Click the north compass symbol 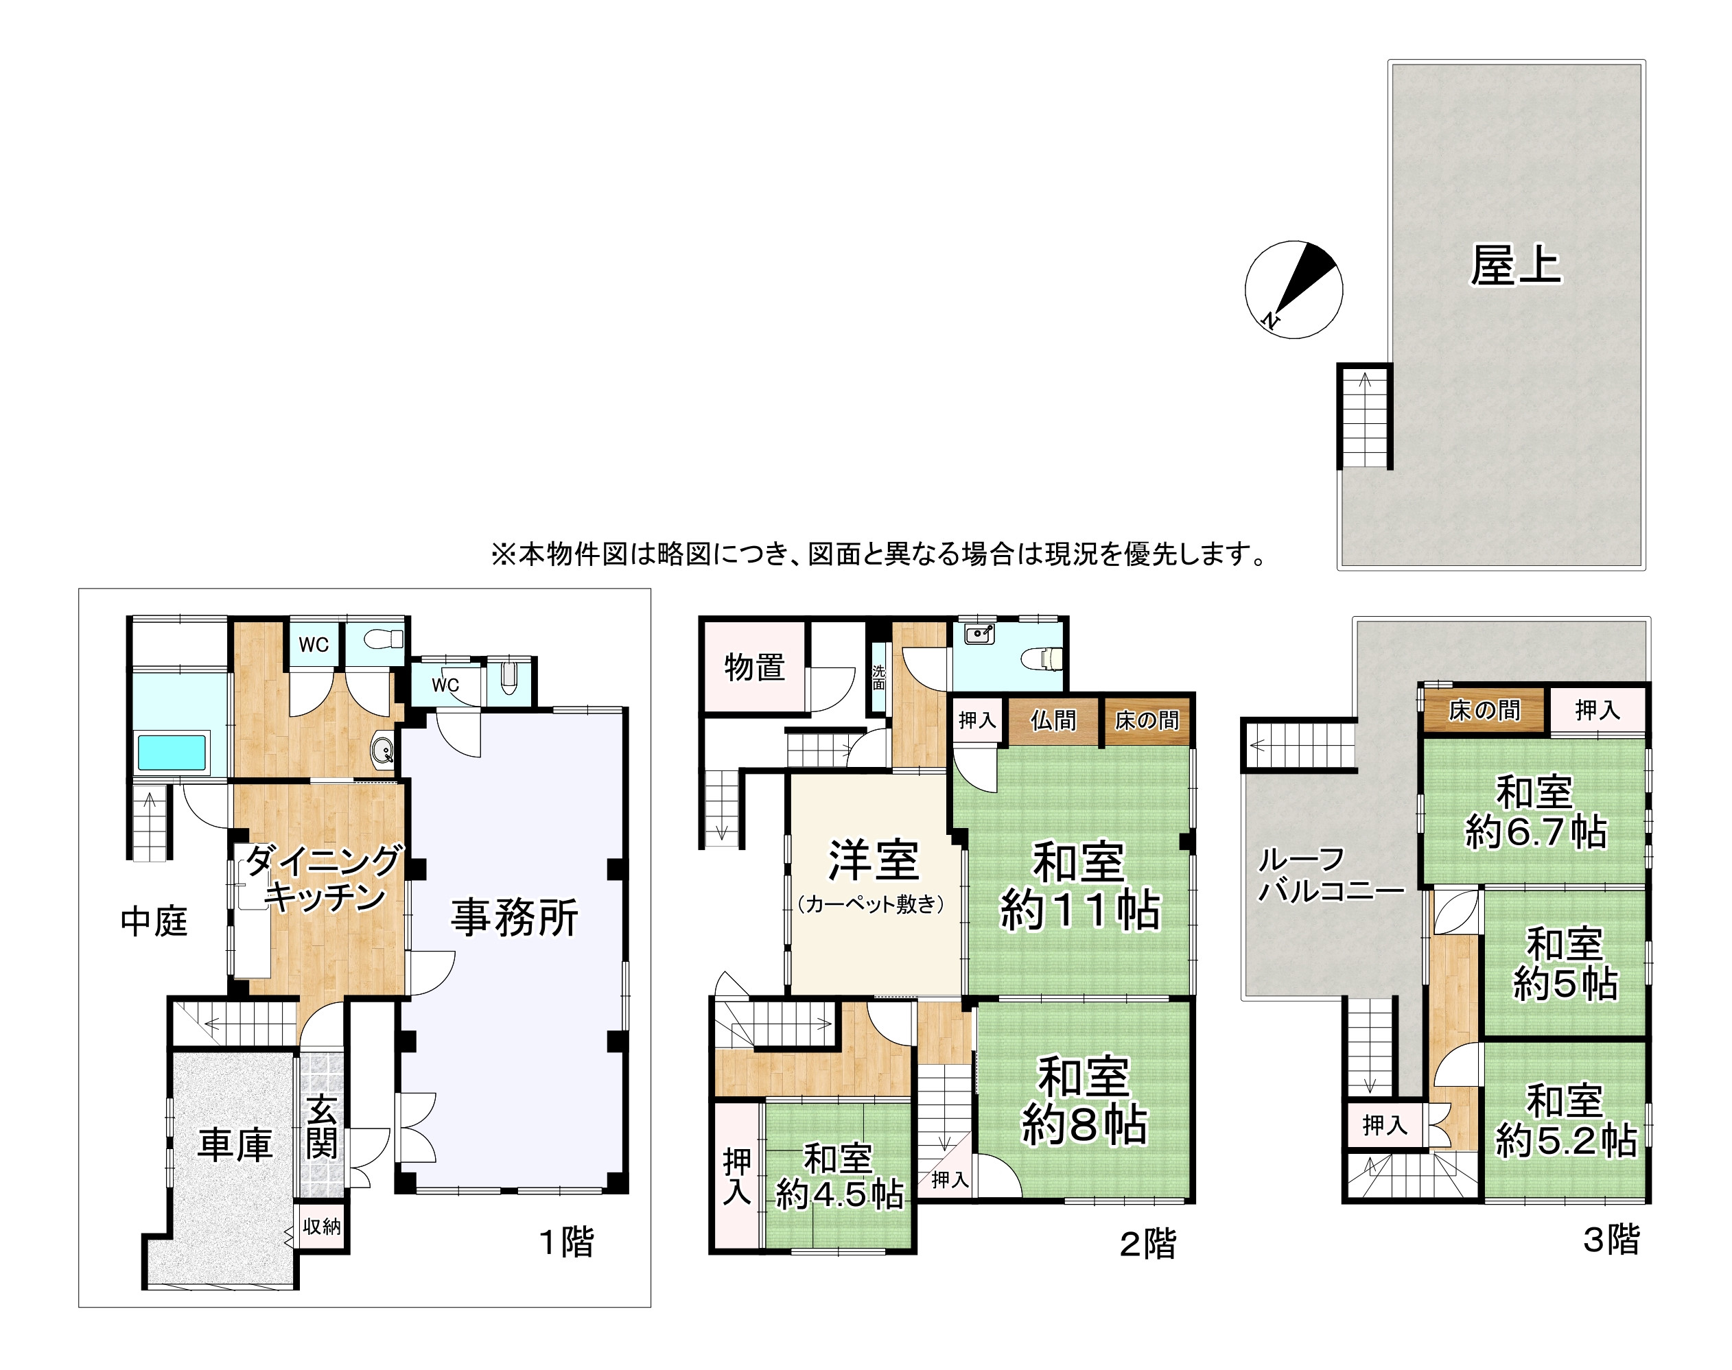(1294, 290)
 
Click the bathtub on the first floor (172, 753)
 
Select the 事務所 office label (514, 918)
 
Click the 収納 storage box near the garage (322, 1227)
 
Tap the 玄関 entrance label (322, 1127)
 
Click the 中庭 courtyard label (154, 921)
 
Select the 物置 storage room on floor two (754, 668)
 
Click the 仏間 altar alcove (1053, 720)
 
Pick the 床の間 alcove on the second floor (1147, 720)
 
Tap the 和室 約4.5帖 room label (839, 1177)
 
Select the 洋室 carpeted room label (873, 874)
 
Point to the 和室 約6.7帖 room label (1536, 812)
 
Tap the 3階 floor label (1611, 1239)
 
